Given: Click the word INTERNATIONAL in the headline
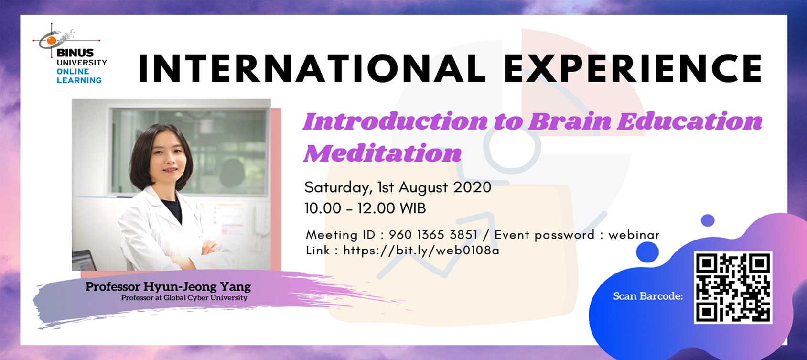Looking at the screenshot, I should pos(311,68).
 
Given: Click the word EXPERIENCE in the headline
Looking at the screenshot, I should pos(633,68).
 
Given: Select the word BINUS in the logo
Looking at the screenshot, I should pos(75,53).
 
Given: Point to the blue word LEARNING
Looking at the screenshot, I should pos(79,80).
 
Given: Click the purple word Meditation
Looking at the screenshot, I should pos(383,153).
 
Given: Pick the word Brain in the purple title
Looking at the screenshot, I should pos(569,121).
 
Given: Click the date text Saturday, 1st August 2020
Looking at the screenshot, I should pos(398,187).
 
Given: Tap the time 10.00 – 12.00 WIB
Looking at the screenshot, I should pos(365,208).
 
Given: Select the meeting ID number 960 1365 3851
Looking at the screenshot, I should pos(433,235).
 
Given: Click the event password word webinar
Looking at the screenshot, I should pos(634,235).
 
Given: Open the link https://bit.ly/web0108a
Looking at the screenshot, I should pos(421,251).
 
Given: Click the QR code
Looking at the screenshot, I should pos(732,288).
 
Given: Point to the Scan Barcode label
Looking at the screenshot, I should pos(648,296).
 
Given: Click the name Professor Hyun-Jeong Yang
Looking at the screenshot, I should pos(168,287).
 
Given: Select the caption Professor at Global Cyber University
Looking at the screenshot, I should pos(184,298).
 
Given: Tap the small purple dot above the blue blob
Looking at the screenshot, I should pos(708,220).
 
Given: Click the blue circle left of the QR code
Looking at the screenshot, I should pos(647,251).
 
